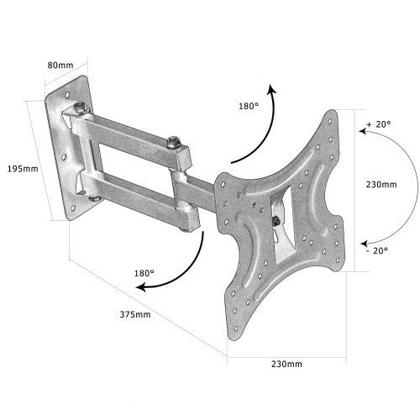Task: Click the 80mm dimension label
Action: (x=60, y=66)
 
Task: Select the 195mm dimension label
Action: (x=23, y=169)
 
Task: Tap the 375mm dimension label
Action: (x=135, y=314)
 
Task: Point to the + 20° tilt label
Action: (x=379, y=124)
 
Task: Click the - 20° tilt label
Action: (x=377, y=250)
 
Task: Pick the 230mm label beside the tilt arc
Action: (x=381, y=185)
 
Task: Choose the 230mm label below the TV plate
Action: (x=286, y=364)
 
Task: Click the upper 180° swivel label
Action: (x=249, y=106)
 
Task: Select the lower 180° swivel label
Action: (x=144, y=273)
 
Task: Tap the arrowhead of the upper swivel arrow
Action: (x=271, y=88)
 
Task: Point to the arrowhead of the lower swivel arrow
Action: (x=140, y=287)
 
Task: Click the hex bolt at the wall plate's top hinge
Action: (x=81, y=108)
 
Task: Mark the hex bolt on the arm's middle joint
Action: (x=173, y=143)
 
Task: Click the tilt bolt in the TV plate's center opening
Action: (x=276, y=221)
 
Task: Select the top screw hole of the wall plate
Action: (x=67, y=95)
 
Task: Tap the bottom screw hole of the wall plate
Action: (x=73, y=208)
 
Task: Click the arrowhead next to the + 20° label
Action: (x=363, y=131)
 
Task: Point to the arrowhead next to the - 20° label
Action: (x=364, y=244)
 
